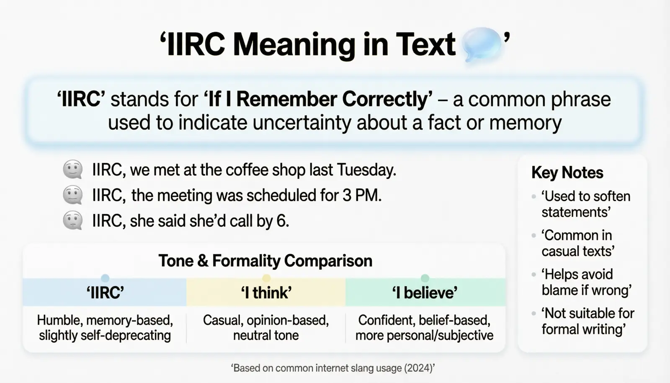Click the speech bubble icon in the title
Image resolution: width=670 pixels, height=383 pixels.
point(481,44)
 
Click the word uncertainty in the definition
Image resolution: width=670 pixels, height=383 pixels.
point(302,123)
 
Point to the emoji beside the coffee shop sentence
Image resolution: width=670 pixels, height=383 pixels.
point(73,169)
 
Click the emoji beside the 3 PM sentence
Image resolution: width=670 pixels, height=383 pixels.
point(73,195)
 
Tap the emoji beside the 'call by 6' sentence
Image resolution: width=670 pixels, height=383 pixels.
point(73,220)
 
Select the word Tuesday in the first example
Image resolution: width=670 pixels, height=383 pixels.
point(366,170)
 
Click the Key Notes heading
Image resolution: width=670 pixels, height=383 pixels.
point(567,173)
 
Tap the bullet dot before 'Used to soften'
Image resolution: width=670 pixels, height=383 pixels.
point(533,197)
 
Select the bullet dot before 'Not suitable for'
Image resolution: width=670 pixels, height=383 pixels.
point(533,313)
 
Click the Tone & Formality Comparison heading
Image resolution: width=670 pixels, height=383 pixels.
point(265,261)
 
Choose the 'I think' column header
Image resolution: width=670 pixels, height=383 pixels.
point(266,292)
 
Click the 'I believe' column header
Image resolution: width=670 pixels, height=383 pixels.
point(425,292)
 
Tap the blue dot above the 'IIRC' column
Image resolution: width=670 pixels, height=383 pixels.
point(105,278)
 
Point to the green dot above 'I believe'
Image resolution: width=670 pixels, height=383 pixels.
point(425,278)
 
